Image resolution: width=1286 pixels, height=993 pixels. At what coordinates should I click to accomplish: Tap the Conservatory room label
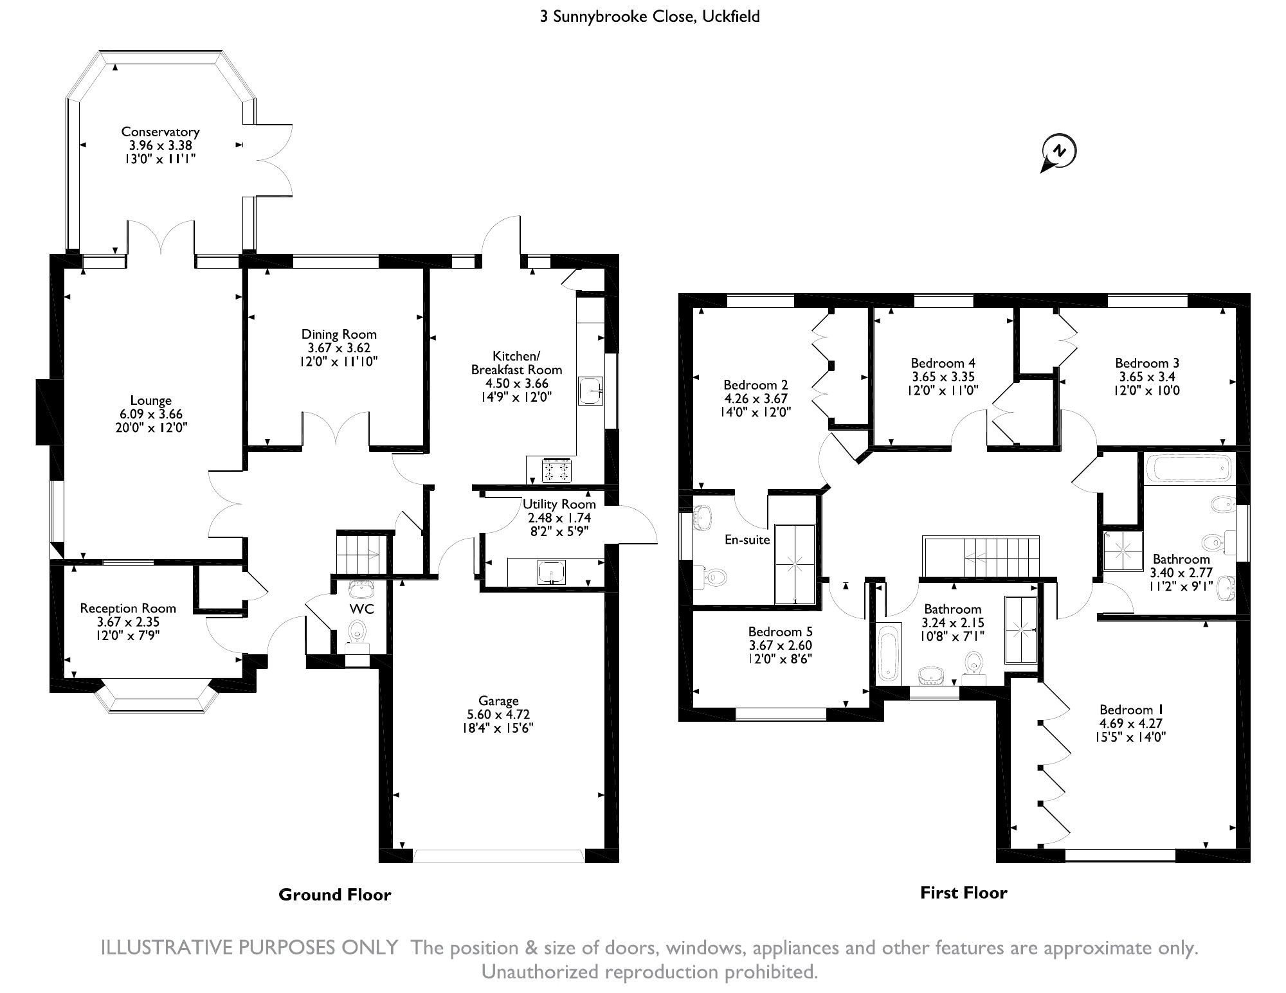(160, 132)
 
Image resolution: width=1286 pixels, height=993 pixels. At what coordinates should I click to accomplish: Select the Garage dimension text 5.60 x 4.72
(498, 714)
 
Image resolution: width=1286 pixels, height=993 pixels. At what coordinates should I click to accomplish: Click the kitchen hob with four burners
(557, 470)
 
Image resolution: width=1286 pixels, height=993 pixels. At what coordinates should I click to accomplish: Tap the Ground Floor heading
(334, 895)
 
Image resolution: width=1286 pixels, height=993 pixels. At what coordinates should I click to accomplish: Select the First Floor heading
(963, 893)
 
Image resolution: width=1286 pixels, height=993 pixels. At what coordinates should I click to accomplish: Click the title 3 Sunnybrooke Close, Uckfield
(649, 16)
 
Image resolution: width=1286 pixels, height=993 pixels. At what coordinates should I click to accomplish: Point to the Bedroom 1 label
(1131, 710)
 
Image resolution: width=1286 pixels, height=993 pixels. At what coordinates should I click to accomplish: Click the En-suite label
(747, 540)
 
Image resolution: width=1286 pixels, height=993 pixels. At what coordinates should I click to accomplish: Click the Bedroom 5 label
(780, 632)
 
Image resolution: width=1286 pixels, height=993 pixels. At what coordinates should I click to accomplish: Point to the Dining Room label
(339, 334)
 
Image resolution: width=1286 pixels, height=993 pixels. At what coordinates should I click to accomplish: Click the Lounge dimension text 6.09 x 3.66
(151, 415)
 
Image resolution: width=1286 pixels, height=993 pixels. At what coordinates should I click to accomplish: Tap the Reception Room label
(128, 608)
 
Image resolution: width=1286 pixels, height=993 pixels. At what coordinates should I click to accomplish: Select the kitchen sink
(590, 391)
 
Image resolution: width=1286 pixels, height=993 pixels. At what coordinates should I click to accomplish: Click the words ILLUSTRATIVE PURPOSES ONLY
(249, 948)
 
